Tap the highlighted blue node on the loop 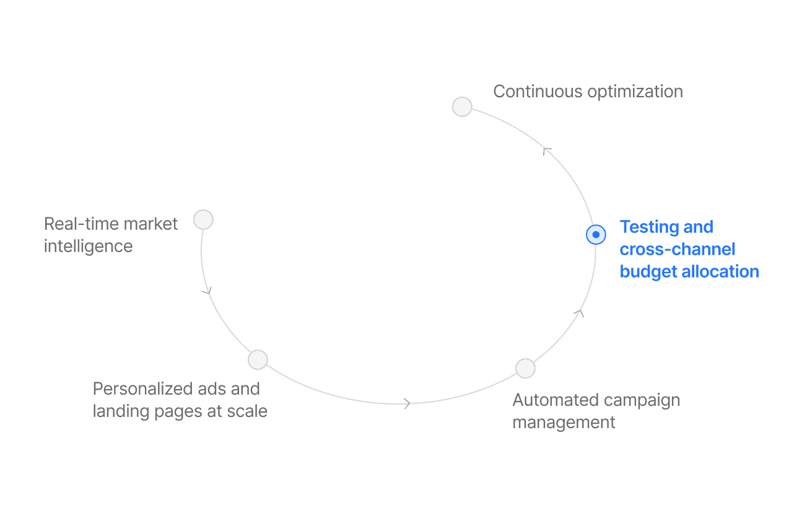click(596, 235)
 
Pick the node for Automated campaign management click(525, 368)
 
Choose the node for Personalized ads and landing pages click(258, 359)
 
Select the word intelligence click(88, 246)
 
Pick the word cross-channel click(677, 249)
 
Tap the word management click(564, 423)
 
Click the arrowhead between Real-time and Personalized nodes click(207, 290)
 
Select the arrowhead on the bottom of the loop click(407, 403)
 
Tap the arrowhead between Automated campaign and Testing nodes click(579, 313)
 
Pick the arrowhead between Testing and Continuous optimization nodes click(546, 151)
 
